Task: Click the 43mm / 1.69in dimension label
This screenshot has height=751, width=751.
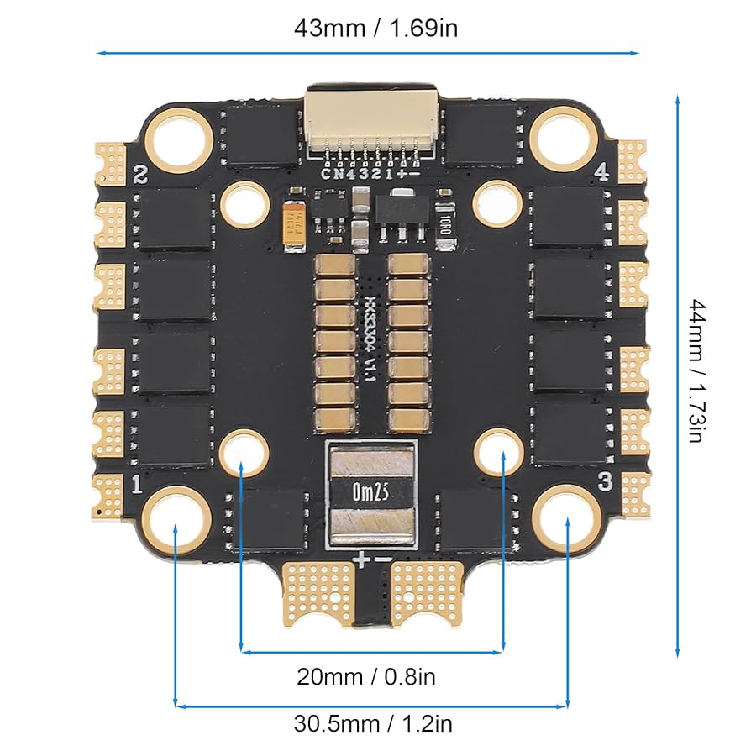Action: (x=375, y=27)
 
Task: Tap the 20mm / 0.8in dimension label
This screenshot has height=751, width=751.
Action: (x=366, y=675)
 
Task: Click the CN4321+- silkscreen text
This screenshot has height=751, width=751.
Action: (x=370, y=173)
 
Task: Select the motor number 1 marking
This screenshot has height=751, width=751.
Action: (x=136, y=484)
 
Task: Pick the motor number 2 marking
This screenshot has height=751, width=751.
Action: (x=140, y=176)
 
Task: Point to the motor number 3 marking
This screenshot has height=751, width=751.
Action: (x=604, y=481)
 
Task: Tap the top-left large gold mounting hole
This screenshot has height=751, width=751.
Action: (x=178, y=138)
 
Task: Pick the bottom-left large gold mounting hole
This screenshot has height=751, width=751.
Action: (x=175, y=517)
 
